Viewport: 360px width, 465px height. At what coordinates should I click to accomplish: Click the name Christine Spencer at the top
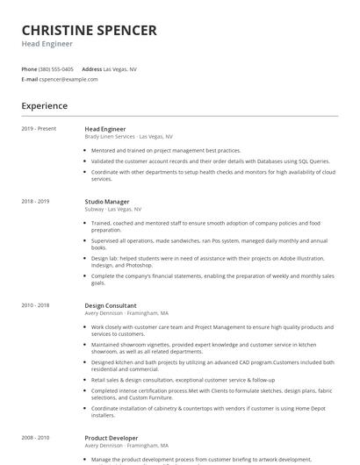pos(89,31)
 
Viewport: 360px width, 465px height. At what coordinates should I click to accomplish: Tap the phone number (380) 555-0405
pos(57,68)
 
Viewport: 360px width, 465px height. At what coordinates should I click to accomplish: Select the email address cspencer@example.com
pos(68,79)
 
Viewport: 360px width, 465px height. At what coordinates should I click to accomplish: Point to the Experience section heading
pos(44,106)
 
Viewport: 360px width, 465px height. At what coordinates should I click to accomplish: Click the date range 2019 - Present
pos(39,129)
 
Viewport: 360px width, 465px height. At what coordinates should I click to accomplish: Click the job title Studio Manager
pos(107,202)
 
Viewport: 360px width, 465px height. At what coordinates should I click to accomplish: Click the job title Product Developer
pos(112,437)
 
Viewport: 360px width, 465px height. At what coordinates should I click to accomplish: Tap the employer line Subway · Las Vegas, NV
pos(112,210)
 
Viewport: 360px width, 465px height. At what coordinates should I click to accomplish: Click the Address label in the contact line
pos(91,68)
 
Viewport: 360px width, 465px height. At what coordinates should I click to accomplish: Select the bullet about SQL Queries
pos(211,161)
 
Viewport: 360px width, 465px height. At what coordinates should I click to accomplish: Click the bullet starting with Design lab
pos(211,261)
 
